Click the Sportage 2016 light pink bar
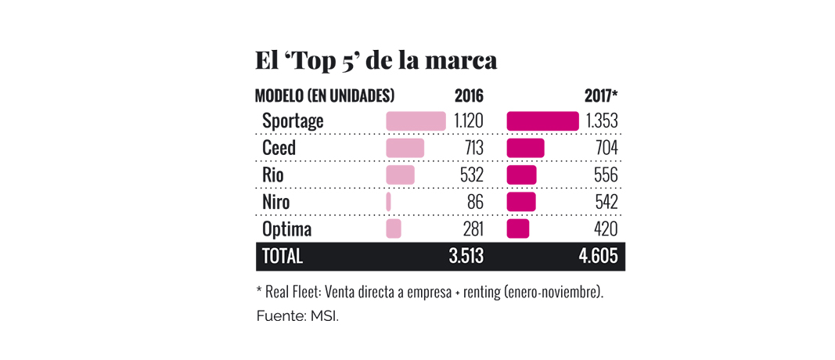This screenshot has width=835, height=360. pos(416,121)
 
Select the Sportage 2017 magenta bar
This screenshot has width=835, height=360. pos(543,121)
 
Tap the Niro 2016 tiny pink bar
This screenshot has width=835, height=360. pos(388,202)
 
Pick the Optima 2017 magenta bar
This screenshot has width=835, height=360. pos(518,229)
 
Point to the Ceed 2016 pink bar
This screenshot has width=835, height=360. pos(405,148)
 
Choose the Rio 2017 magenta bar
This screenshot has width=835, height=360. pos(522,175)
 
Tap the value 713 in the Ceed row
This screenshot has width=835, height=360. pos(470,148)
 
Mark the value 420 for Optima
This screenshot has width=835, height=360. pos(605,229)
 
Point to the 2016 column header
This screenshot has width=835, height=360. pos(469,96)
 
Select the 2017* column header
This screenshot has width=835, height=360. pos(601,96)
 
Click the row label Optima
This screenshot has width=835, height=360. pos(286,229)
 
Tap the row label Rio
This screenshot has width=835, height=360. pos(273,175)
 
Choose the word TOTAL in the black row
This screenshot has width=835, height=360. pos(283,256)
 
